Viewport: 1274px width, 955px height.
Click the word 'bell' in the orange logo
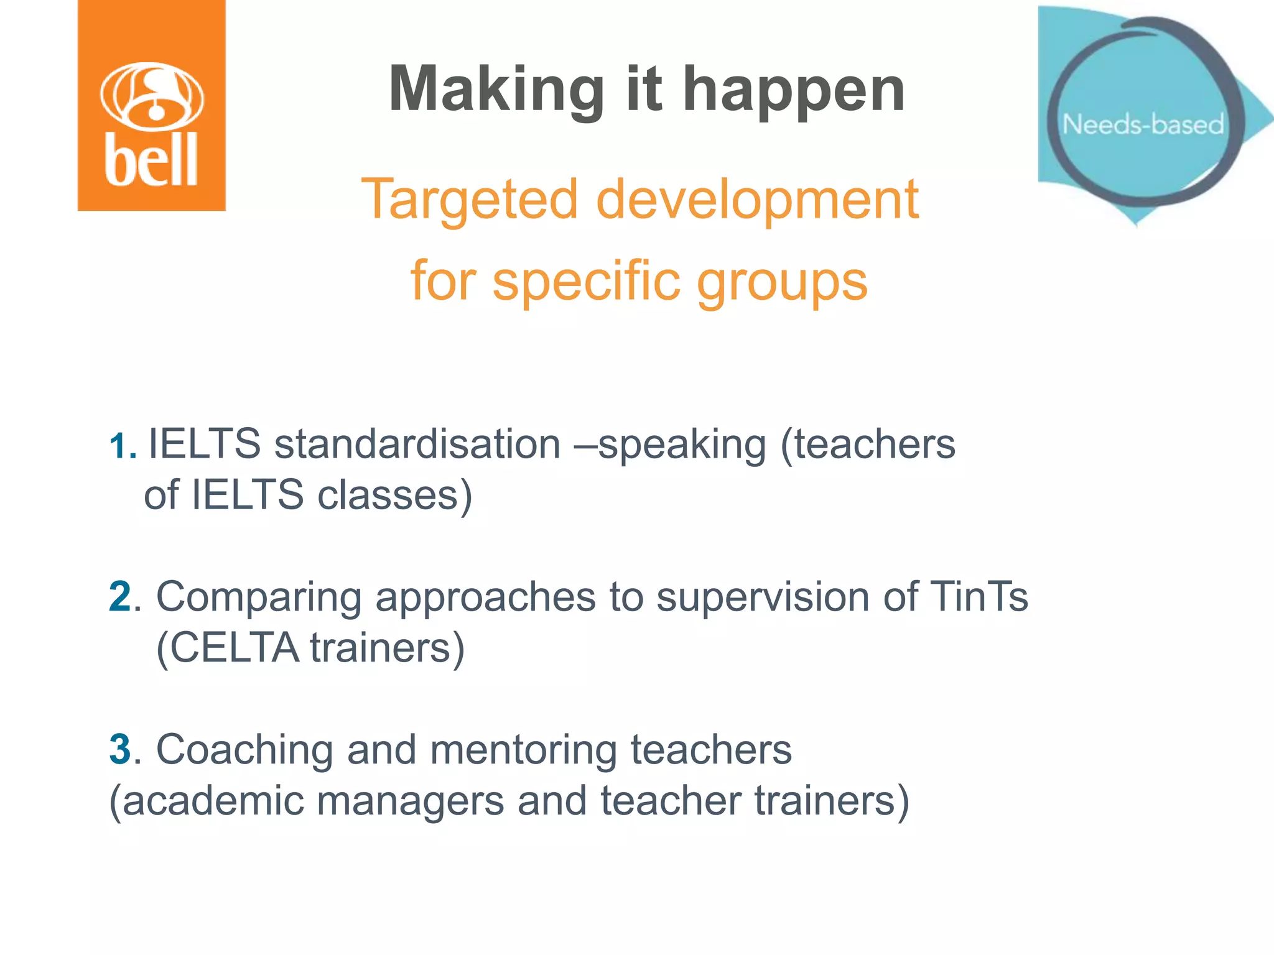click(151, 160)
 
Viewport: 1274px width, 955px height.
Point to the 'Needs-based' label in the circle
click(1143, 124)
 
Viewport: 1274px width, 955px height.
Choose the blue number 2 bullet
click(119, 597)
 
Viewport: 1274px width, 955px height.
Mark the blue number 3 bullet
click(119, 749)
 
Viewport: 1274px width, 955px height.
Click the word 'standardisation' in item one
click(417, 445)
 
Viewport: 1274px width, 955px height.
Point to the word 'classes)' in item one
click(395, 496)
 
